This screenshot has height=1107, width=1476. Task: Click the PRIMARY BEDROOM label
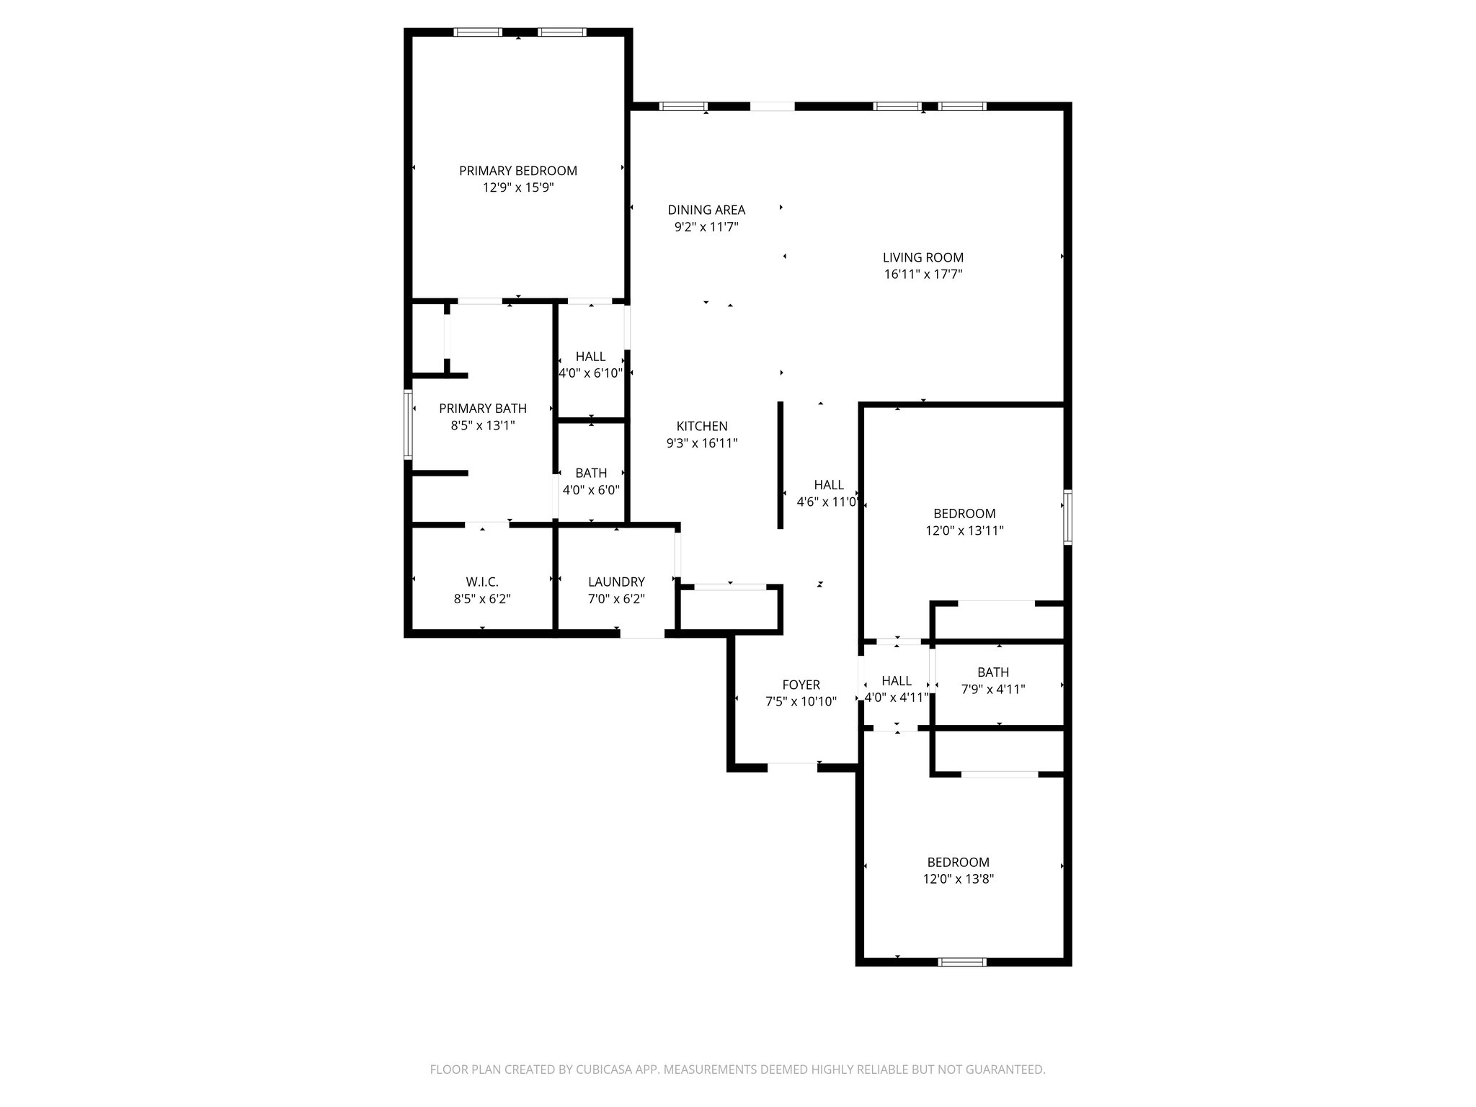[517, 171]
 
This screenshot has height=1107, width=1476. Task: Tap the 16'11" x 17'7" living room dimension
[922, 275]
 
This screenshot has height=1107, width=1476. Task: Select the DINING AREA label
[706, 210]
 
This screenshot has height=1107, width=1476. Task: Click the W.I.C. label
[481, 582]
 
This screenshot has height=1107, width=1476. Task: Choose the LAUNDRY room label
[615, 582]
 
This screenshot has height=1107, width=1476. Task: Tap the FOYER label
[801, 685]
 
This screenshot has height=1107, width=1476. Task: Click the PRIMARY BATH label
[482, 409]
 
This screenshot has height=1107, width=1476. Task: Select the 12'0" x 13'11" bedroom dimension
[964, 531]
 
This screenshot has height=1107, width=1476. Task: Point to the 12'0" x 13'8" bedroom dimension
[958, 879]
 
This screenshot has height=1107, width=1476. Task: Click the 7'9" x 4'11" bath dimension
[992, 690]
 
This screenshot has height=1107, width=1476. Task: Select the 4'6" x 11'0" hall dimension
[827, 502]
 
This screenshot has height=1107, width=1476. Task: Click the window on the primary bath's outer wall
[408, 424]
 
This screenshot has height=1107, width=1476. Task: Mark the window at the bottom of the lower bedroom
[962, 961]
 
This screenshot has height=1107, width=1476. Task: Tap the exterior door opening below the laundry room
[642, 633]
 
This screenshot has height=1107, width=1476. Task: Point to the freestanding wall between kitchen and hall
[780, 466]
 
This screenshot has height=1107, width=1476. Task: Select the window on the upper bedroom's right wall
[1067, 517]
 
